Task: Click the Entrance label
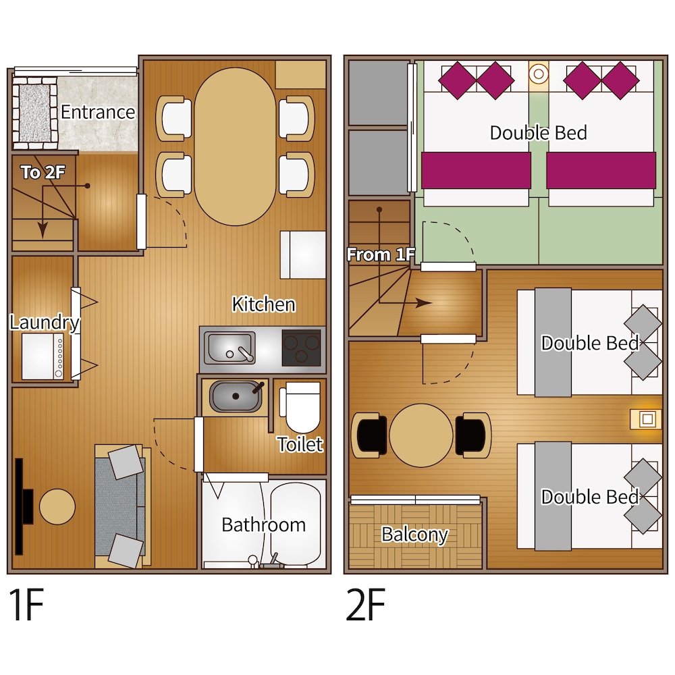[x=98, y=112]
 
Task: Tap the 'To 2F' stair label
[x=43, y=172]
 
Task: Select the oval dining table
[x=235, y=146]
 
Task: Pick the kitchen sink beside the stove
[x=230, y=348]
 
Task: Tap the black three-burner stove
[x=301, y=348]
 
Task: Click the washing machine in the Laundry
[x=43, y=357]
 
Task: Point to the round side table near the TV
[x=57, y=507]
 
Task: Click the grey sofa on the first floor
[x=123, y=506]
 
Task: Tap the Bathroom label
[x=263, y=524]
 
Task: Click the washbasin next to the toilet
[x=236, y=396]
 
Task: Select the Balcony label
[x=415, y=534]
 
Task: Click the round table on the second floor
[x=421, y=435]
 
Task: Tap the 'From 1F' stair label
[x=381, y=254]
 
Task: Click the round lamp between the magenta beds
[x=538, y=74]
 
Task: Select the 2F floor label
[x=365, y=605]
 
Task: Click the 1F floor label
[x=26, y=605]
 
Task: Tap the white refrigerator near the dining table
[x=302, y=255]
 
